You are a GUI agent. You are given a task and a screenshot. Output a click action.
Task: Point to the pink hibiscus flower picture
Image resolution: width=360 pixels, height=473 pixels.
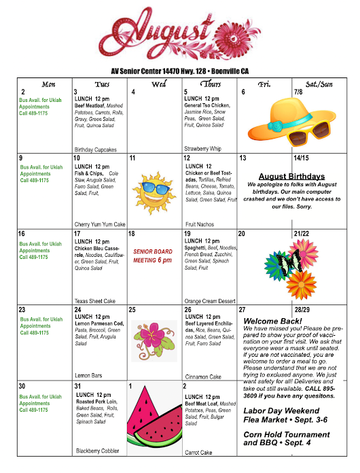coord(155,340)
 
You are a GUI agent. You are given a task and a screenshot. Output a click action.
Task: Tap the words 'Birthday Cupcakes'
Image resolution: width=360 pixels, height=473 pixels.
coord(96,150)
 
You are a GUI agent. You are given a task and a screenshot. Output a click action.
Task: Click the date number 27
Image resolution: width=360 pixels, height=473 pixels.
coord(241,310)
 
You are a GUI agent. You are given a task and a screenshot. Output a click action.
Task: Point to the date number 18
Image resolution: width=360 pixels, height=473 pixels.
coord(132,234)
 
